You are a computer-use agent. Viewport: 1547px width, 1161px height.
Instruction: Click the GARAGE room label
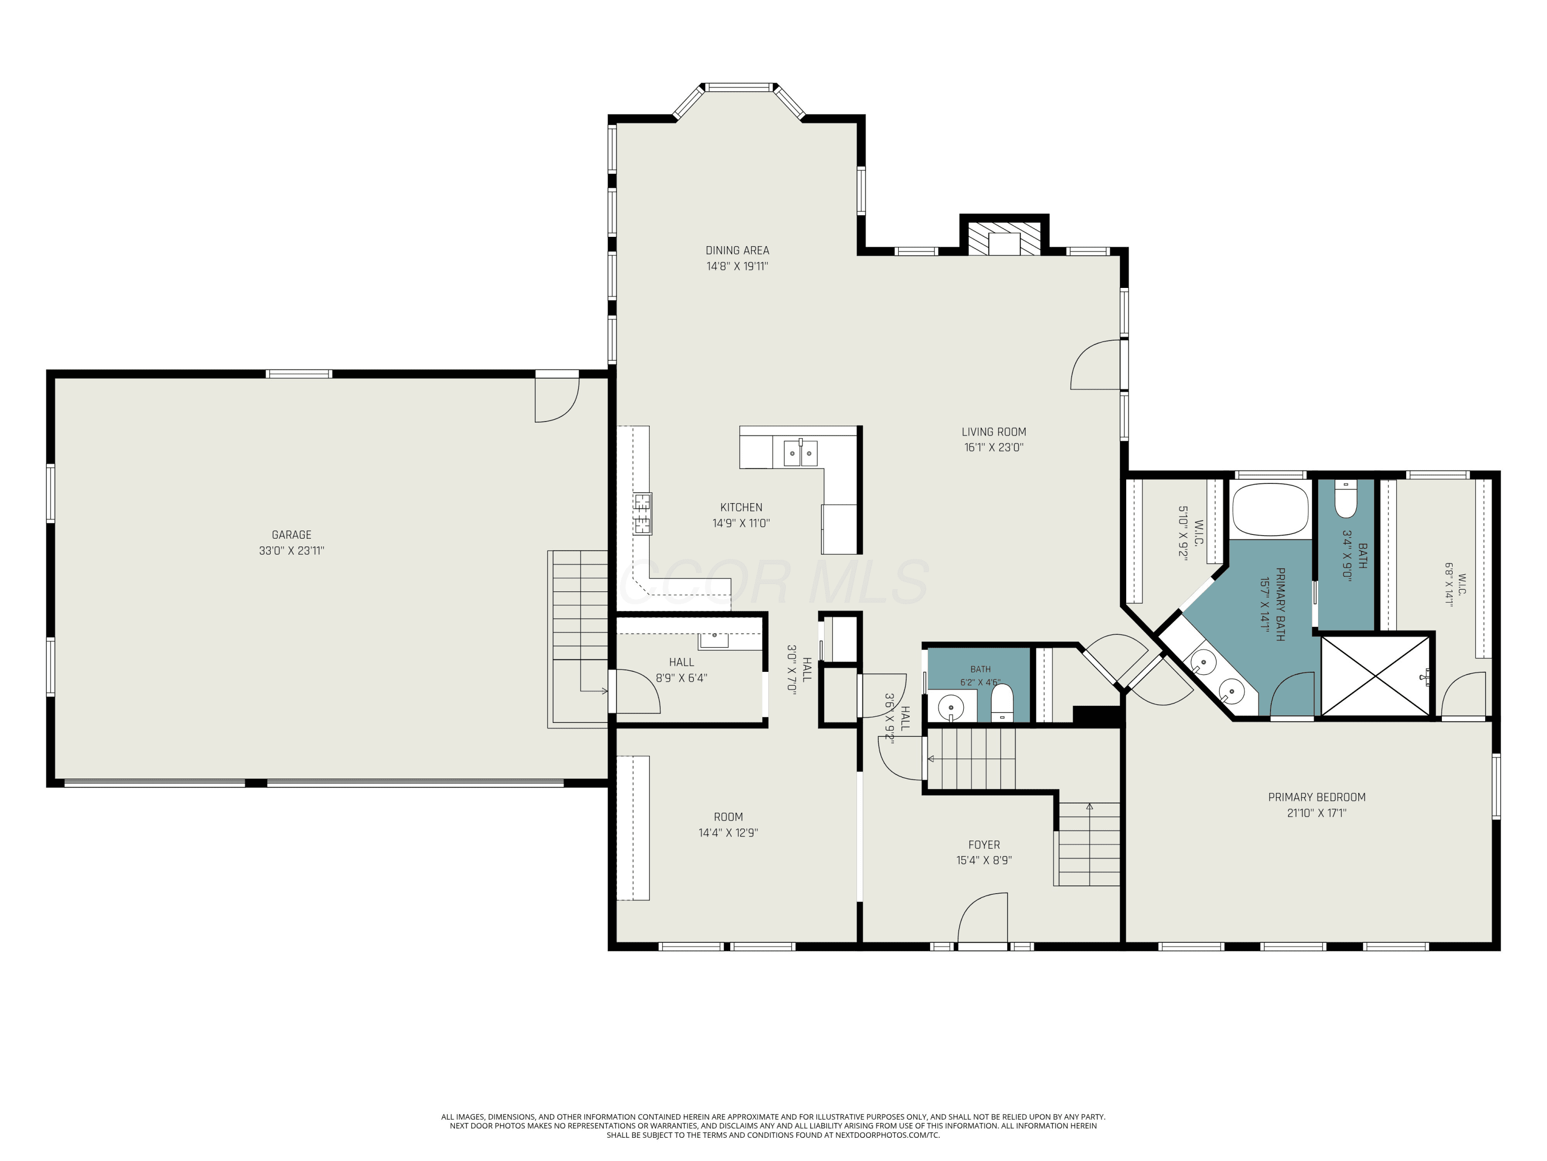(292, 535)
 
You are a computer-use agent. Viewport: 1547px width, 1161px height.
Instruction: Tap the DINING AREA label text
(737, 251)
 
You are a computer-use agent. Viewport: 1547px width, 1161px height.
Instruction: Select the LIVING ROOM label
(994, 432)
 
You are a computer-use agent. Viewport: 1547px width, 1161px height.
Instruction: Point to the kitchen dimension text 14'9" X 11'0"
(742, 523)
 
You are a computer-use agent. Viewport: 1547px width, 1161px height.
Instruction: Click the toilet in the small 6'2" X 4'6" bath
(1002, 703)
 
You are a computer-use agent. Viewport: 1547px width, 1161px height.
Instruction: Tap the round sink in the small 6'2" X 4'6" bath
(951, 707)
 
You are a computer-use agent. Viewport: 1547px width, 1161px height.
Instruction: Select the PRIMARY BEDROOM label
(1317, 797)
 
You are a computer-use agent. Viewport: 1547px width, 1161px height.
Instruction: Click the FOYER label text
(984, 845)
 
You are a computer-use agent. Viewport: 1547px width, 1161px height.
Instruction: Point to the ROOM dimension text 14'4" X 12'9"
(728, 833)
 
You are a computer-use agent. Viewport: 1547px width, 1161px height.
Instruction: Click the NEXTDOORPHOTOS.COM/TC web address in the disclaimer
(887, 1135)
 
